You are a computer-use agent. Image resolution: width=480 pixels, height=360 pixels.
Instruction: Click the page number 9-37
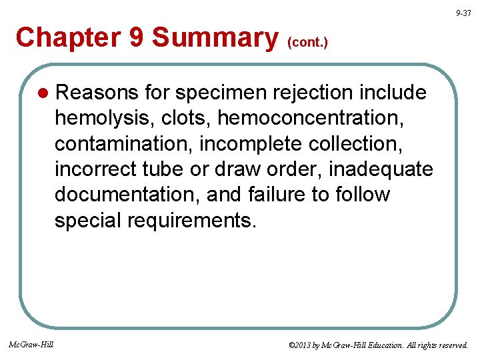point(463,13)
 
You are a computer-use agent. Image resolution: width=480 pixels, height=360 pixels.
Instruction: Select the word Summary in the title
point(215,37)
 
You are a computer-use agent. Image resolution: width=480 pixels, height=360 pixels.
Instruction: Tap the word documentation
point(127,195)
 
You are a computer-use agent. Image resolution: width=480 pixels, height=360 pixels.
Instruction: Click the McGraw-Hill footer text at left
point(31,345)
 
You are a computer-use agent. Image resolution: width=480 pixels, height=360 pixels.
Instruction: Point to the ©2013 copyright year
point(301,345)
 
